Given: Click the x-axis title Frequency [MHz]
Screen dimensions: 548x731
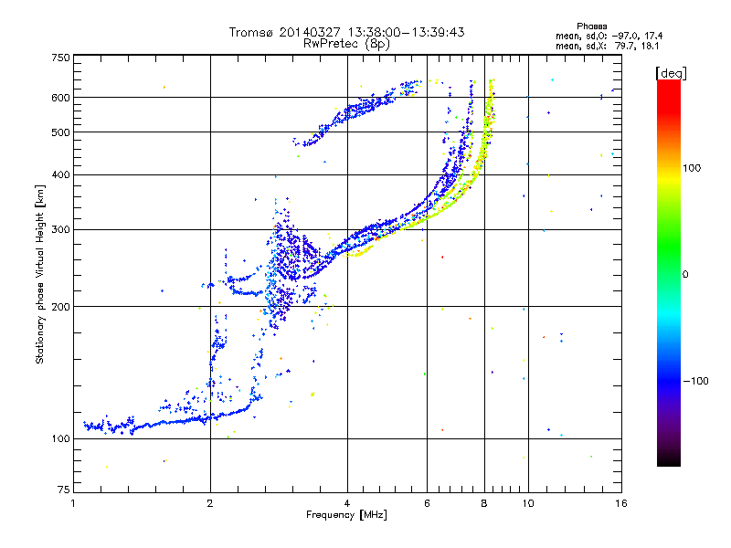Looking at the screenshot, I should coord(346,515).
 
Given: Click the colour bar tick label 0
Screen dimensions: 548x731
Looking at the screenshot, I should coord(686,274).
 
